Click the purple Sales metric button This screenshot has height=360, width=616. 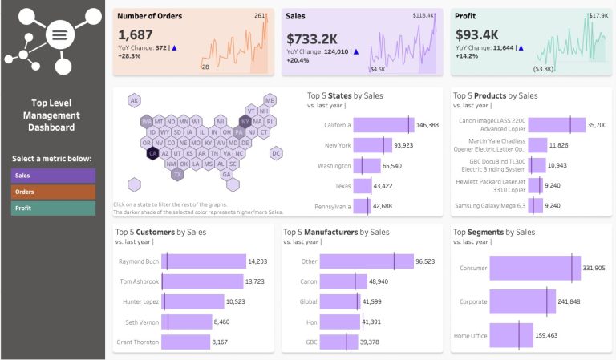pyautogui.click(x=52, y=176)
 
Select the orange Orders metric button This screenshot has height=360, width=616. pyautogui.click(x=52, y=192)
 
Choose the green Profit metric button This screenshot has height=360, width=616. pyautogui.click(x=52, y=208)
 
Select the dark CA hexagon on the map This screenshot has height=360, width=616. pyautogui.click(x=152, y=152)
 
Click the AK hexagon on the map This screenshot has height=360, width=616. pyautogui.click(x=135, y=100)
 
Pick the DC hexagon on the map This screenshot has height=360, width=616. pyautogui.click(x=276, y=152)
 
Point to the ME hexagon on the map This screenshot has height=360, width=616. pyautogui.click(x=269, y=100)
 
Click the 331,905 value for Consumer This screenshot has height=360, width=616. pyautogui.click(x=594, y=268)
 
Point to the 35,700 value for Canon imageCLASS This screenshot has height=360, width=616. pyautogui.click(x=597, y=125)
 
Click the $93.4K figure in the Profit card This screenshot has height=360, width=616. pyautogui.click(x=477, y=34)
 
